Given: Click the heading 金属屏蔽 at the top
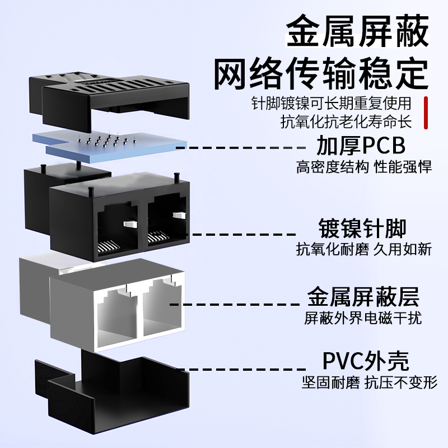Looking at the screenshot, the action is (x=357, y=31).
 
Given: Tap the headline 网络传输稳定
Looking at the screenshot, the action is (x=321, y=74).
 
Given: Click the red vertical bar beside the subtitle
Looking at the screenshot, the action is (x=426, y=113).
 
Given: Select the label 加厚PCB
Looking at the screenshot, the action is (x=361, y=146).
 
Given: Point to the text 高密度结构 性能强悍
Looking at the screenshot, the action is (x=363, y=167).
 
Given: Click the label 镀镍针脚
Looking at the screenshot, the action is (x=362, y=228).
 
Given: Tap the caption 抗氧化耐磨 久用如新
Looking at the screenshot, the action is (x=363, y=249).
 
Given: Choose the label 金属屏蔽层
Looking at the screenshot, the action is (x=363, y=297).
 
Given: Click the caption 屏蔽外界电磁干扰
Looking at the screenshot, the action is (x=363, y=318).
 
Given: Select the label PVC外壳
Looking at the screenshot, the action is (x=366, y=361).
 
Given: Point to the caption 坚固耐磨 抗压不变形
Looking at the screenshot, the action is (x=370, y=382).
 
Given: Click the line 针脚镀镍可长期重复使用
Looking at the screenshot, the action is (x=332, y=103).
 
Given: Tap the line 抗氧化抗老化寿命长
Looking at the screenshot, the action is (x=346, y=122).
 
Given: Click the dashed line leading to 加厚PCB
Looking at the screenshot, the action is (x=241, y=148).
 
